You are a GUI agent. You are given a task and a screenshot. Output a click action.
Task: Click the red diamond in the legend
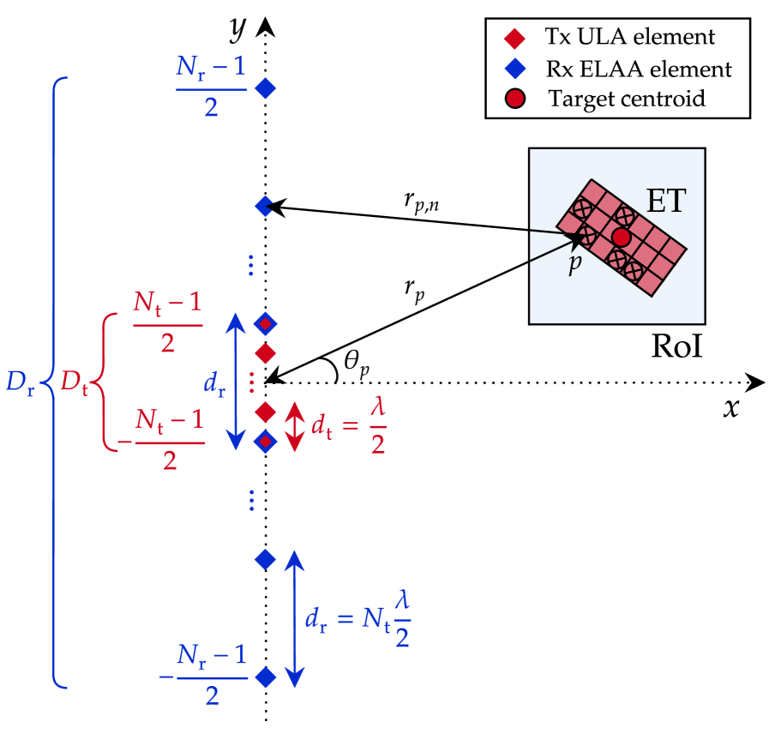pyautogui.click(x=514, y=38)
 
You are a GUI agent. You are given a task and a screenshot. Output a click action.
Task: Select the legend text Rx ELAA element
pyautogui.click(x=639, y=69)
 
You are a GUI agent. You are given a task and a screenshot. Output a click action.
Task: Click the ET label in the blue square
pyautogui.click(x=666, y=202)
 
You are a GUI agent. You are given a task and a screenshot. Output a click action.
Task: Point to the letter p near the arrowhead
pyautogui.click(x=575, y=263)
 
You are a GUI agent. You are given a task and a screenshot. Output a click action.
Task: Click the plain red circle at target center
pyautogui.click(x=622, y=236)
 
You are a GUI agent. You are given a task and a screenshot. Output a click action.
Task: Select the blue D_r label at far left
pyautogui.click(x=21, y=383)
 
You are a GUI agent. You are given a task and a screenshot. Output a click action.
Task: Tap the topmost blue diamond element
pyautogui.click(x=266, y=87)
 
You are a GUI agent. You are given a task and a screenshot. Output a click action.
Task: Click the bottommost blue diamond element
pyautogui.click(x=266, y=677)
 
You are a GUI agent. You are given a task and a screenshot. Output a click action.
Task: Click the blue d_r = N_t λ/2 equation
pyautogui.click(x=357, y=619)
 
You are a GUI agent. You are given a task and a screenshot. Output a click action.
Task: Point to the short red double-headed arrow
pyautogui.click(x=294, y=427)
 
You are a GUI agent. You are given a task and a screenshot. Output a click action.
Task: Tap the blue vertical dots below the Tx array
pyautogui.click(x=251, y=500)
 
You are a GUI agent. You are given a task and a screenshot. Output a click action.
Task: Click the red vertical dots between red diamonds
pyautogui.click(x=251, y=381)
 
